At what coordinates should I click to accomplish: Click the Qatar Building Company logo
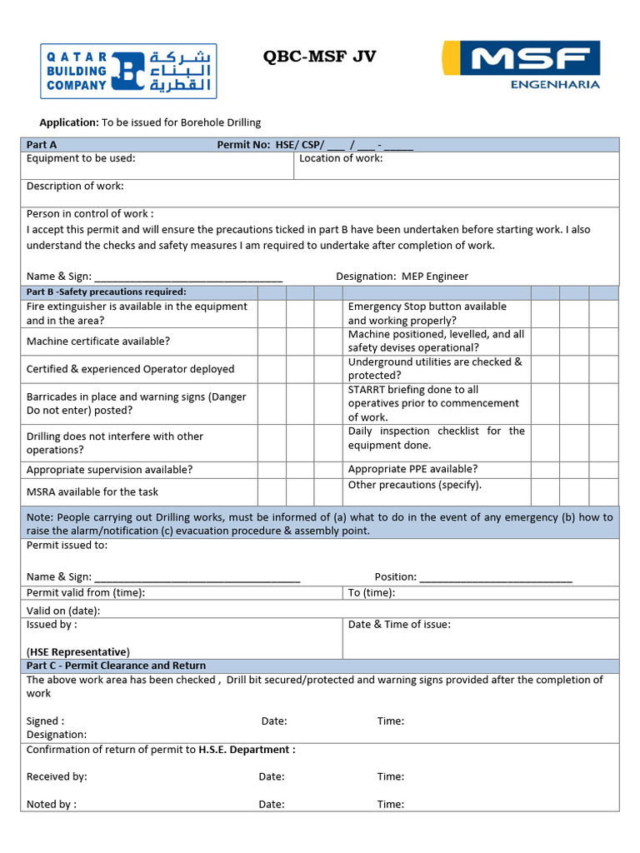[x=128, y=71]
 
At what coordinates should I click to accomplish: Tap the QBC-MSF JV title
[x=319, y=56]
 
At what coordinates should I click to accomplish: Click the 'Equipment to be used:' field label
[x=81, y=158]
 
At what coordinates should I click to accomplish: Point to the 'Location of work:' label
[x=341, y=158]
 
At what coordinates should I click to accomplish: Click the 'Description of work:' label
[x=75, y=186]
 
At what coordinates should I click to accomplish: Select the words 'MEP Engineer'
[x=435, y=276]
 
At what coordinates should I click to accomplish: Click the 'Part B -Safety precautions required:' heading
[x=107, y=292]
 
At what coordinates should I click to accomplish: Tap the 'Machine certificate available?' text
[x=98, y=341]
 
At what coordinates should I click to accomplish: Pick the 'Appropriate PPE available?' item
[x=412, y=469]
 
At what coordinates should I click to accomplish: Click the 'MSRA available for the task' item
[x=92, y=491]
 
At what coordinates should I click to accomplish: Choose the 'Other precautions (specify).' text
[x=415, y=485]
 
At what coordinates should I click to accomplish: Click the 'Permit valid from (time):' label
[x=86, y=592]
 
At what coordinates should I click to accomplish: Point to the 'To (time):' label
[x=372, y=592]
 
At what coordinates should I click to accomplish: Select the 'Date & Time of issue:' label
[x=399, y=624]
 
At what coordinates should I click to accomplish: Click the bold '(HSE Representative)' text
[x=78, y=651]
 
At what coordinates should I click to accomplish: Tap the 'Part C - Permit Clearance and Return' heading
[x=116, y=666]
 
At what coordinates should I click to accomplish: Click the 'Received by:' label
[x=57, y=776]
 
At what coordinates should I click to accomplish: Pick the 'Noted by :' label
[x=52, y=804]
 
